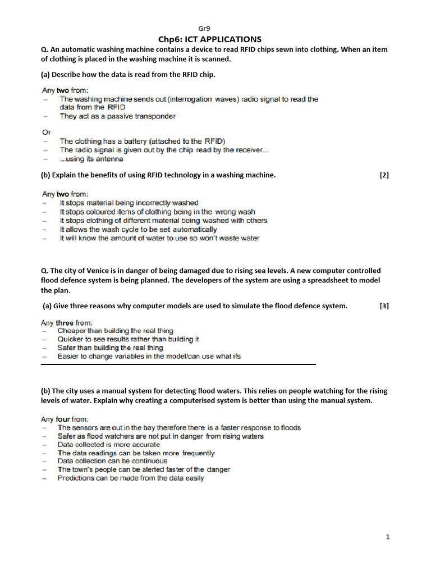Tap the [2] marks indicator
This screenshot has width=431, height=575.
coord(384,175)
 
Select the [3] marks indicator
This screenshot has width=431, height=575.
coord(384,305)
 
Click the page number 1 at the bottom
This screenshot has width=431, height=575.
coord(387,537)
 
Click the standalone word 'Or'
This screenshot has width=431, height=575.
coord(47,133)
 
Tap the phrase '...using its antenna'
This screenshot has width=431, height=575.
coord(91,159)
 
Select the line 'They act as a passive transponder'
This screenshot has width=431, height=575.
coord(118,116)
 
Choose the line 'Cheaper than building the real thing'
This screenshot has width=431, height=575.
coord(116,331)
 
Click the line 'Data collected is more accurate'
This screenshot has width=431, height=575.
coord(109,444)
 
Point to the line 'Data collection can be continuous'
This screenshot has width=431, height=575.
coord(112,461)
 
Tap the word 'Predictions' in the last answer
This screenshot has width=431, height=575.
coord(76,478)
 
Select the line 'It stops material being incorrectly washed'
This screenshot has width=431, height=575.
coord(129,203)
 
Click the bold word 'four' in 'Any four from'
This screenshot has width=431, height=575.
coord(62,419)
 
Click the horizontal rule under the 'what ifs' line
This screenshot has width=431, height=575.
coord(178,364)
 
